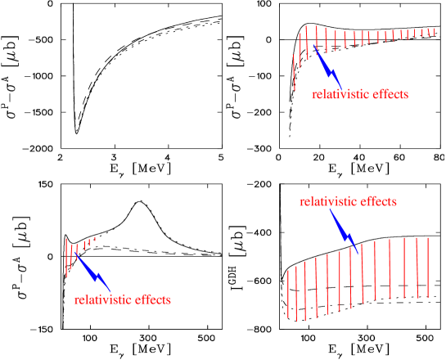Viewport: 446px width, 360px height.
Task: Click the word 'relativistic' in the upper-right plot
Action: pyautogui.click(x=340, y=95)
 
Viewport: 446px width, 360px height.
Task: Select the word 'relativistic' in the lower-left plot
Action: pyautogui.click(x=102, y=300)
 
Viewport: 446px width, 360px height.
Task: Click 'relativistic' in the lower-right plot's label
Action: pyautogui.click(x=327, y=201)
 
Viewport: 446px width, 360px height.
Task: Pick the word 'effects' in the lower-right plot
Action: pyautogui.click(x=377, y=201)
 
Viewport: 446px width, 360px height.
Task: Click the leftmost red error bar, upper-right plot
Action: pyautogui.click(x=295, y=72)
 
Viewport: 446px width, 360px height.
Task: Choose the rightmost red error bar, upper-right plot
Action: pyautogui.click(x=434, y=32)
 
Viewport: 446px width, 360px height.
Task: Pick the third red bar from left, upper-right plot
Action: pyautogui.click(x=307, y=43)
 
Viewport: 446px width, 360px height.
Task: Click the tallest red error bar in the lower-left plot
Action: pyautogui.click(x=66, y=257)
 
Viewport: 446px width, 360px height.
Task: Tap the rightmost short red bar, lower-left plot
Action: pyautogui.click(x=95, y=239)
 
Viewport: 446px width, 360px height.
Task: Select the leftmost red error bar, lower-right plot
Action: pyautogui.click(x=288, y=293)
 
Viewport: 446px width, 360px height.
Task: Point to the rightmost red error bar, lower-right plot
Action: pyautogui.click(x=428, y=268)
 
